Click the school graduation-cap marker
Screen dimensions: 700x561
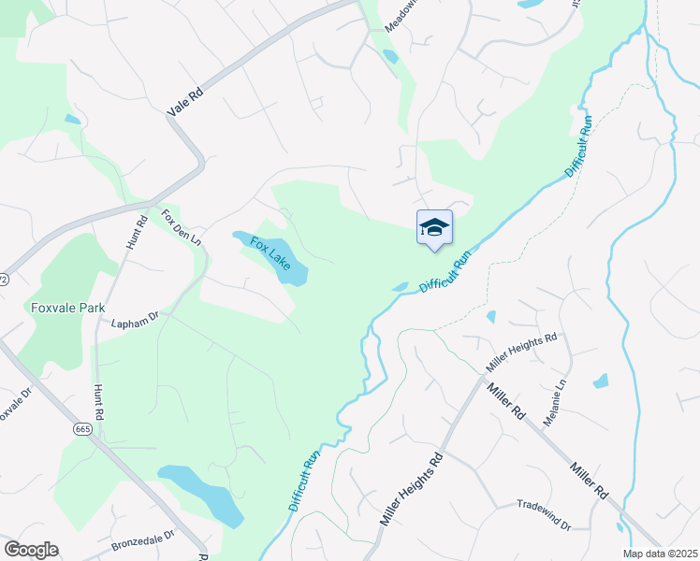(434, 228)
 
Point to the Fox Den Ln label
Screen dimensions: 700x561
(182, 227)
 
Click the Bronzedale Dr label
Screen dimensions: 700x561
(143, 540)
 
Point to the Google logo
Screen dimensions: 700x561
(31, 550)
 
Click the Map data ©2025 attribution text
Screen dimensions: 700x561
(661, 554)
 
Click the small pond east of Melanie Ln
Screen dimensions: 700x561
(601, 381)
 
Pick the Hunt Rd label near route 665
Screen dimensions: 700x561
(97, 399)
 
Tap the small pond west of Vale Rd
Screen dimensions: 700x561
(72, 120)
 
